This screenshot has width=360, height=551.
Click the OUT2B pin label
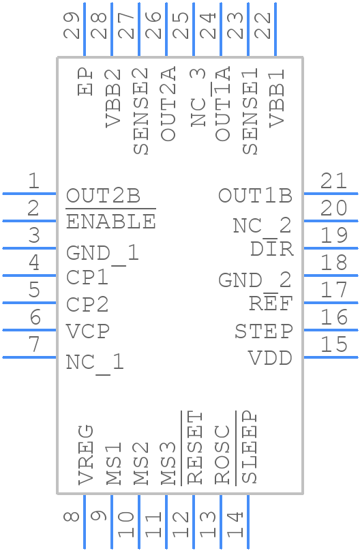point(103,196)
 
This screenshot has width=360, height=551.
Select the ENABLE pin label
point(110,222)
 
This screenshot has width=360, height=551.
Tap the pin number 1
point(33,181)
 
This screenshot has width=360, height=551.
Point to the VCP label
point(87,331)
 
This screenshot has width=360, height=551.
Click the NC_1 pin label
point(95,362)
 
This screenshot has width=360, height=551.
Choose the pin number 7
point(33,345)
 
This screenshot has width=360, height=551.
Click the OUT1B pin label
point(255,196)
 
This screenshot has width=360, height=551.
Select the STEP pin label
point(263,332)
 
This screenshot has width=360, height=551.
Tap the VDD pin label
point(270,358)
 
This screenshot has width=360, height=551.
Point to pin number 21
point(334,181)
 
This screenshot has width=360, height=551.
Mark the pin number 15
point(334,345)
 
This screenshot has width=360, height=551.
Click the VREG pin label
point(86,454)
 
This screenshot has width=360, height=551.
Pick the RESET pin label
point(195,447)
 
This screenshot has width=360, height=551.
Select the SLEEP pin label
point(250,447)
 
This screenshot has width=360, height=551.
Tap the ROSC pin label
point(222,455)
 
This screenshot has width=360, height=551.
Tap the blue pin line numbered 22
point(275,29)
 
